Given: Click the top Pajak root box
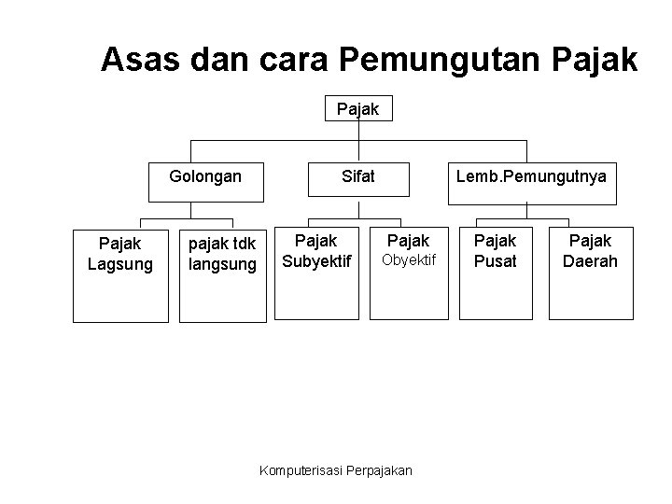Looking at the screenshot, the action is [358, 109].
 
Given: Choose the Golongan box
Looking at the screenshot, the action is [205, 182].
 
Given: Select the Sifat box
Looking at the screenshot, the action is [358, 182].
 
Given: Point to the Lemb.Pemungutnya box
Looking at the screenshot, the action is [531, 182].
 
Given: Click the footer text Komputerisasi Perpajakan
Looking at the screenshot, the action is [335, 469].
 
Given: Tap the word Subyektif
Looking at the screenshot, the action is [316, 261].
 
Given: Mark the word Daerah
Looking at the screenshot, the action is [590, 261].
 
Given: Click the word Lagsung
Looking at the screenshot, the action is [120, 263].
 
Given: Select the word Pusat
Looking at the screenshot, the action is [495, 261].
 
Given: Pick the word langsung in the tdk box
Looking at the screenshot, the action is [222, 264].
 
